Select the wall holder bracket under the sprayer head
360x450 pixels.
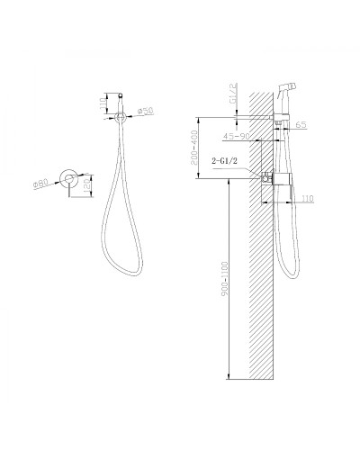[x=280, y=121]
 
